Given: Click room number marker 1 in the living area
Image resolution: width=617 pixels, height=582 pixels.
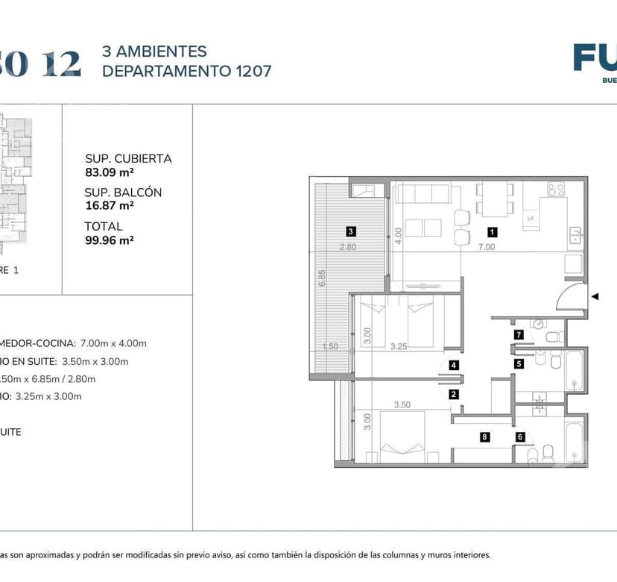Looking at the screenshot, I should [x=492, y=231].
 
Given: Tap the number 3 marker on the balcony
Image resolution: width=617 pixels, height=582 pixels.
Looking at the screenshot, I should [x=350, y=231].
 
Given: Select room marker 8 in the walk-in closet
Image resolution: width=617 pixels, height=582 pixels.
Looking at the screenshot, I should [x=485, y=437].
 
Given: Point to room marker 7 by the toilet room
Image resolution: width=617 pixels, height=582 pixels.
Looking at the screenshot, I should [x=519, y=335].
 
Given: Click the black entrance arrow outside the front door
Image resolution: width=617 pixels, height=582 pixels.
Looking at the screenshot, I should [x=595, y=297].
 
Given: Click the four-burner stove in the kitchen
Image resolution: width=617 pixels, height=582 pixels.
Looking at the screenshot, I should [x=556, y=190].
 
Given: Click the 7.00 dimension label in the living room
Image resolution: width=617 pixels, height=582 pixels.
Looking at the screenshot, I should [x=487, y=247].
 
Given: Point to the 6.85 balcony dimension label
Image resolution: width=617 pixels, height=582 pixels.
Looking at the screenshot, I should [x=321, y=278].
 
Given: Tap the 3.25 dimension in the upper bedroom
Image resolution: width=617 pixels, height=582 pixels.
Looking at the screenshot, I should [x=399, y=346].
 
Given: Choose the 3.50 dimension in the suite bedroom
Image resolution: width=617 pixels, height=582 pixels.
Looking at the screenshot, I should [x=402, y=405].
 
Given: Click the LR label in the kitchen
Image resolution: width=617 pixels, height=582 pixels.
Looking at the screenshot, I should [x=531, y=218].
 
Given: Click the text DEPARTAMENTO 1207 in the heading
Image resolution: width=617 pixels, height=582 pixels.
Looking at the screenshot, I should [x=186, y=71].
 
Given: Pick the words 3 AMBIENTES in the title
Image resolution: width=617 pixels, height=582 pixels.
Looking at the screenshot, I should [x=154, y=51].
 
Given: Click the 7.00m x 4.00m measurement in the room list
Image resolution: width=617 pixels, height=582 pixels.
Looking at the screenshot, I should [x=113, y=343].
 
